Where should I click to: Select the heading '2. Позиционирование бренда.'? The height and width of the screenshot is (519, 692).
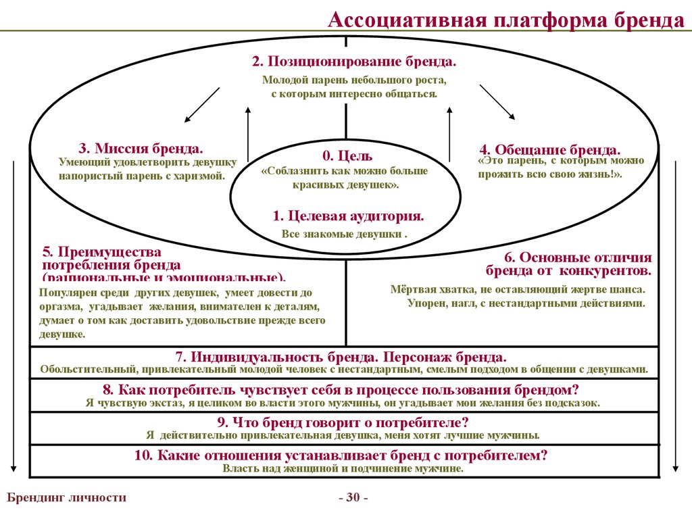[354, 61]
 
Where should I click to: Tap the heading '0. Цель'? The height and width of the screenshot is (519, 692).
[347, 156]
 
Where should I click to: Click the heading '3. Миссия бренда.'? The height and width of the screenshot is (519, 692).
[141, 148]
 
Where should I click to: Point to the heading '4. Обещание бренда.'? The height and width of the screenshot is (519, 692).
[550, 149]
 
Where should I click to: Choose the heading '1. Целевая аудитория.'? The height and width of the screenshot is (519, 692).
[348, 216]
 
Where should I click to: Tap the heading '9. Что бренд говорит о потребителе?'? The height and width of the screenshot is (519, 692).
[343, 422]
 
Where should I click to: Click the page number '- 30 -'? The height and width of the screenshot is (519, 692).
[353, 498]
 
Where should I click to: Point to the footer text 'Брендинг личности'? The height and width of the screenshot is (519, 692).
[66, 497]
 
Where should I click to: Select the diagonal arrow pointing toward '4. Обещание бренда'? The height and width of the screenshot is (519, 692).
[496, 101]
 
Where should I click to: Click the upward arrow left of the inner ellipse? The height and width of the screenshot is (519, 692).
[249, 135]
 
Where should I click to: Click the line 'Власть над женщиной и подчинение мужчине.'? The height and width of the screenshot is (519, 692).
[343, 468]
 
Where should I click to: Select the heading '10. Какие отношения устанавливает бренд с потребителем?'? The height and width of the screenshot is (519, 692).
[341, 455]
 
